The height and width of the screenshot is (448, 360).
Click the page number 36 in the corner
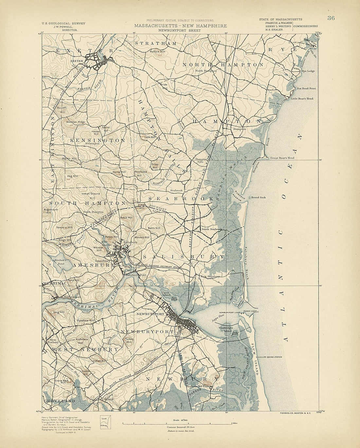331,18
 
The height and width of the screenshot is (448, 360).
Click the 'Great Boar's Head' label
282,158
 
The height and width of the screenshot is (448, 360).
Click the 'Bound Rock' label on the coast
259,198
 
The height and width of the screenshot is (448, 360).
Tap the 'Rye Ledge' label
308,71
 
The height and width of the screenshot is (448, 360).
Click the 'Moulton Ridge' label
76,122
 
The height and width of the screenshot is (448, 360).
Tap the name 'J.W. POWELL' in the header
63,27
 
